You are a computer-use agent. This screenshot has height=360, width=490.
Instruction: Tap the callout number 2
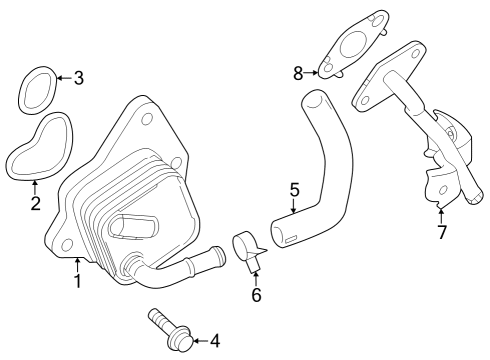tap(35, 204)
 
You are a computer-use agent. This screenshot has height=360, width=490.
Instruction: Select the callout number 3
tap(79, 77)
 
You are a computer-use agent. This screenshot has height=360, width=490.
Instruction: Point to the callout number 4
tap(213, 342)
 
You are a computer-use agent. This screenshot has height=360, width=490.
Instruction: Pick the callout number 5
tap(294, 189)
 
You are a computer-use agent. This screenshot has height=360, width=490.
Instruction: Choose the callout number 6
tap(256, 295)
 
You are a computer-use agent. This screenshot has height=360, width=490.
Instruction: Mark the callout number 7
tap(441, 232)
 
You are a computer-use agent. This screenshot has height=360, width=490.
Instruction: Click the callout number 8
tap(297, 72)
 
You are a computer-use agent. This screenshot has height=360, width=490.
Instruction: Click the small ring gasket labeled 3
tap(37, 89)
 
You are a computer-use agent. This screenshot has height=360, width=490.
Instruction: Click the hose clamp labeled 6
tap(247, 247)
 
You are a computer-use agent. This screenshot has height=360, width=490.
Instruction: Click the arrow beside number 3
tap(62, 77)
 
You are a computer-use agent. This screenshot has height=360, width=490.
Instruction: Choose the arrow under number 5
tap(292, 208)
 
